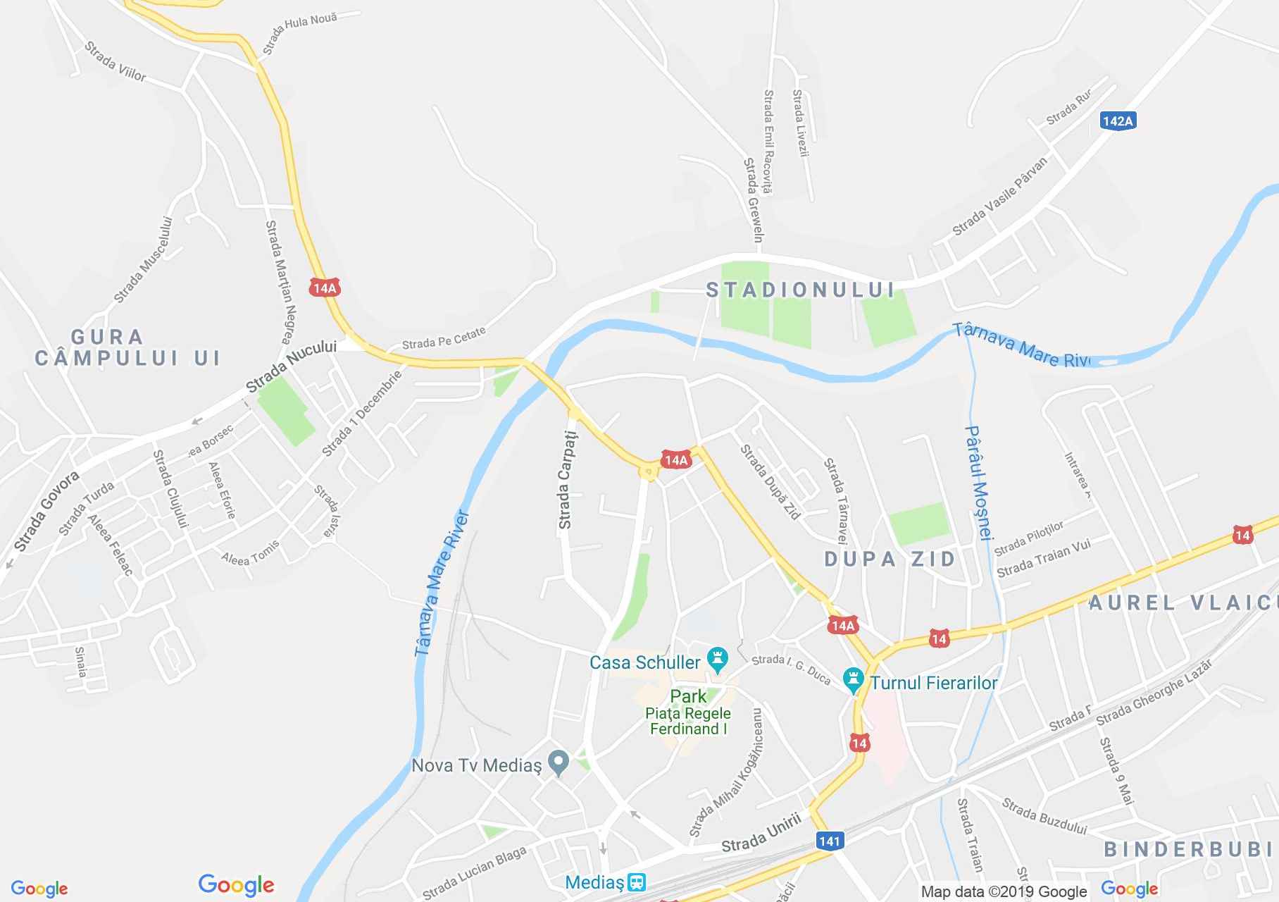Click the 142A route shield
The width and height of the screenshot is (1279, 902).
coord(1118,121)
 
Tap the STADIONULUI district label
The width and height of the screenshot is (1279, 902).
coord(800,290)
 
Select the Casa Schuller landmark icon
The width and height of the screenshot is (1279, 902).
coord(718,660)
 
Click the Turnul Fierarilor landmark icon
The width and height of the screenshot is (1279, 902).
coord(854,681)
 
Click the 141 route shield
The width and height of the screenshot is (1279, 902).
coord(830,841)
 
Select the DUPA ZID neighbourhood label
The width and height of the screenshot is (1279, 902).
coord(890,559)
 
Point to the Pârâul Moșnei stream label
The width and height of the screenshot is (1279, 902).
coord(979,482)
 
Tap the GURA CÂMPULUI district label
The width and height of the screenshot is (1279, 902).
coord(127,347)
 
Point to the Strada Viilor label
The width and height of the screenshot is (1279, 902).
coord(115,61)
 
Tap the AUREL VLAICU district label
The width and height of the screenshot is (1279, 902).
coord(1183,603)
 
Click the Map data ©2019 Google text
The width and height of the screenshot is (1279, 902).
coord(1004,892)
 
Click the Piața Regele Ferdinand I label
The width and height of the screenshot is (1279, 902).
coord(688,721)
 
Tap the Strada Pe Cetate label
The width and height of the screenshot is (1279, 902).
coord(444,338)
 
